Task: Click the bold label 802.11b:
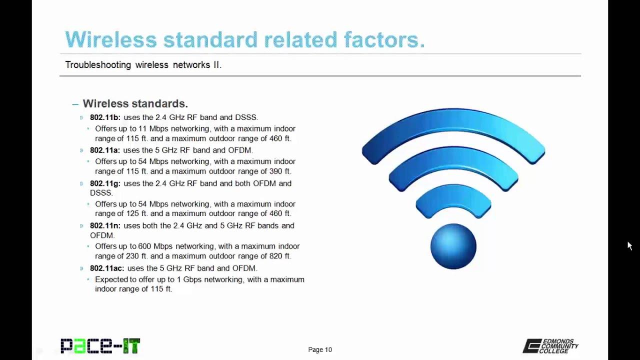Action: (105, 117)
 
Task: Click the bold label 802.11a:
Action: (104, 150)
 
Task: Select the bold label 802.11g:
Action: (105, 183)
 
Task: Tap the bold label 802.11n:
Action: (105, 226)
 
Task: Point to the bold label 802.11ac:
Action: (107, 268)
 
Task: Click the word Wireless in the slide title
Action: (110, 39)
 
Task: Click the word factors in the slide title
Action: (384, 39)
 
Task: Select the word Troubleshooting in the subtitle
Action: (98, 65)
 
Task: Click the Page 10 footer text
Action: (320, 350)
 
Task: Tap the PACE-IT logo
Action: (100, 345)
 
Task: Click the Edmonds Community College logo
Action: (550, 346)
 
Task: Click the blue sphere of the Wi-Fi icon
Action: (453, 246)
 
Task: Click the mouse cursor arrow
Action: (629, 245)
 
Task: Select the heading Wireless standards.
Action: (135, 103)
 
